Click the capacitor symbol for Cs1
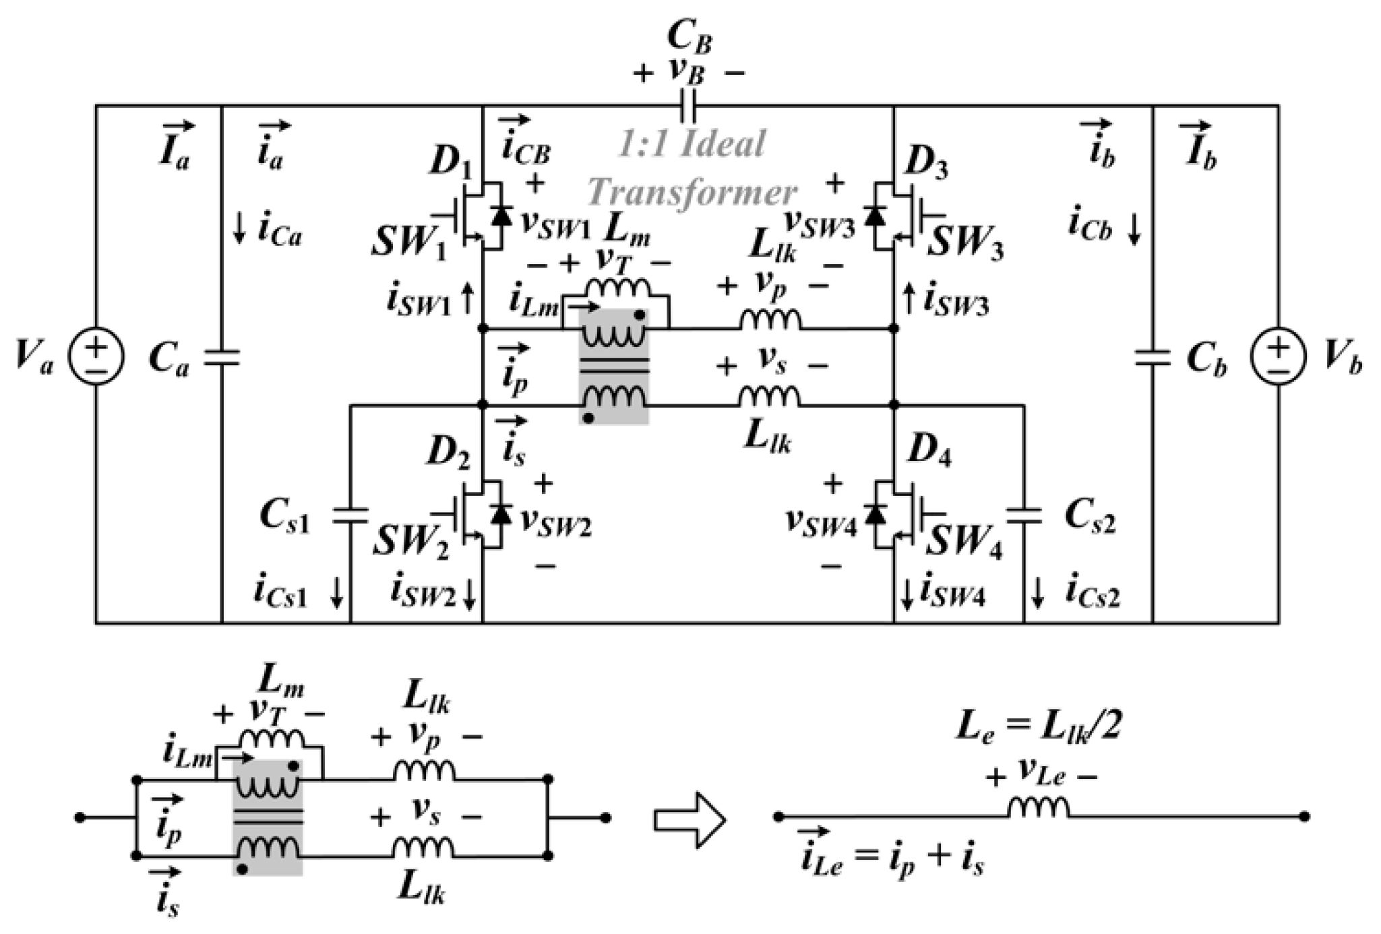tap(350, 516)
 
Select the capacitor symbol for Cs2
tap(1024, 516)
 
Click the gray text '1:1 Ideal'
tap(692, 144)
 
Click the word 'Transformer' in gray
tap(692, 193)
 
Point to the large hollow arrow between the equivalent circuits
tap(689, 819)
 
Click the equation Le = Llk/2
tap(1038, 729)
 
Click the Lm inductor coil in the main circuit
tap(617, 288)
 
